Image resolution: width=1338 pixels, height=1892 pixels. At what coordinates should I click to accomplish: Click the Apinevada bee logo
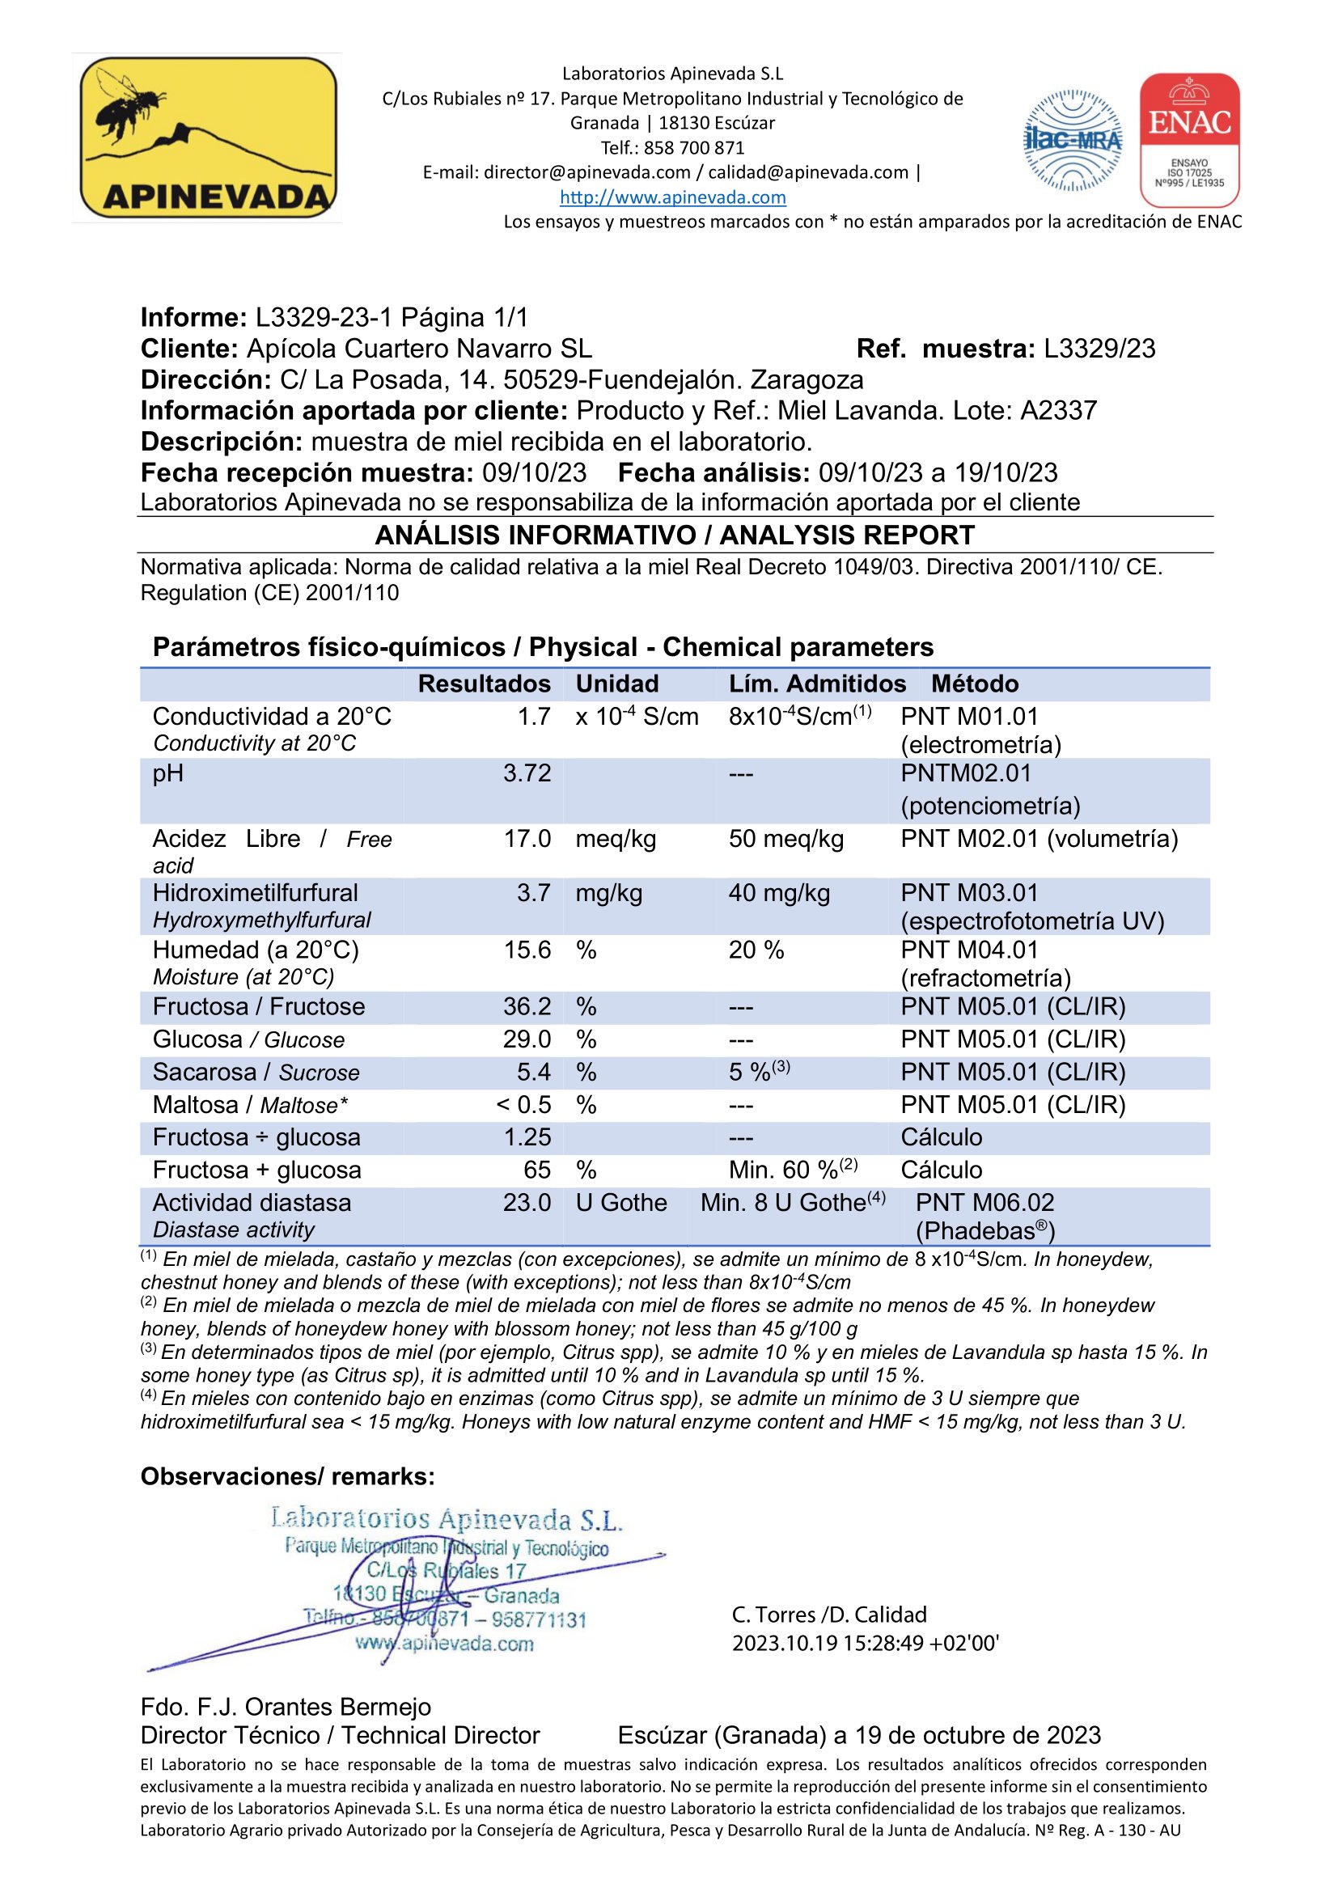(208, 138)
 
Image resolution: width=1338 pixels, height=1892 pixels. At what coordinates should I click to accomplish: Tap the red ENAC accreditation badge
(1189, 139)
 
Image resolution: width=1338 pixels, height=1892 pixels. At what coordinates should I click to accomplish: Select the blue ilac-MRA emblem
(1072, 140)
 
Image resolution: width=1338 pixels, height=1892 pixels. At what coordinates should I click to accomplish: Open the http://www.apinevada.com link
(672, 197)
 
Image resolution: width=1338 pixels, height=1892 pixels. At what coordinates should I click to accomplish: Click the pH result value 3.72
(527, 773)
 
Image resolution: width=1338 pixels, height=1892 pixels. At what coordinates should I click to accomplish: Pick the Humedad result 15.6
(527, 950)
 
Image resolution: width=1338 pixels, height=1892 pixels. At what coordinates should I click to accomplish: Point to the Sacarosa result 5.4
(533, 1072)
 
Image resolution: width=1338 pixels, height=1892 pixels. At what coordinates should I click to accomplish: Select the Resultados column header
(484, 684)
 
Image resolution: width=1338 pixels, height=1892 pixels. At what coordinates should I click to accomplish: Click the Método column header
(975, 684)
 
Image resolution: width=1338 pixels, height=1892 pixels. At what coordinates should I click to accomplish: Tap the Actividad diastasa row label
(252, 1203)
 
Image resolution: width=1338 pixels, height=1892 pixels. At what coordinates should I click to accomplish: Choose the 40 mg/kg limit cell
(778, 893)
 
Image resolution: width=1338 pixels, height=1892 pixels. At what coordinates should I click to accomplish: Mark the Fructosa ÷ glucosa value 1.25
(527, 1137)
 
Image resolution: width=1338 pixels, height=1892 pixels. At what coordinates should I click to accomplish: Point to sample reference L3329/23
(1099, 349)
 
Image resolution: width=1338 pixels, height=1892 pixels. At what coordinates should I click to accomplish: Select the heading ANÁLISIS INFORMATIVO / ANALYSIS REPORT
(674, 535)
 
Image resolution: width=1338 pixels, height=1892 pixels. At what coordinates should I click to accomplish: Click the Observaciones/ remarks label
(286, 1476)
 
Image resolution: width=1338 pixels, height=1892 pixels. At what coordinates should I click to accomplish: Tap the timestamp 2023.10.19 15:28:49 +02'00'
(865, 1643)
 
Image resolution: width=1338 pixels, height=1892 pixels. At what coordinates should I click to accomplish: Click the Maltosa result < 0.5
(523, 1105)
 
